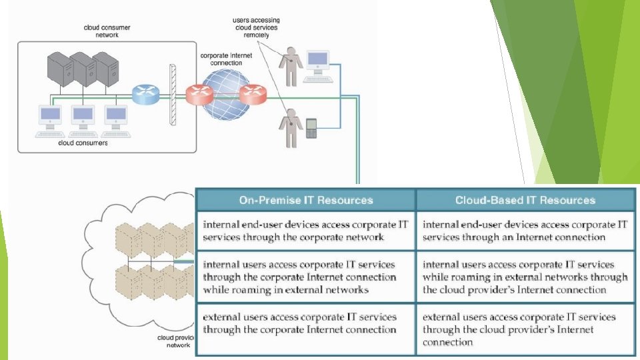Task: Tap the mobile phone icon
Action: click(311, 129)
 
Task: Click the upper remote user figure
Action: click(290, 65)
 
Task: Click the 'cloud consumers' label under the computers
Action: click(83, 143)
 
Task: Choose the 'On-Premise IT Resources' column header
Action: click(306, 200)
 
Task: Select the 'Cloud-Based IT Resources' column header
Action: click(525, 200)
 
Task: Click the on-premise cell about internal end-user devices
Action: click(306, 230)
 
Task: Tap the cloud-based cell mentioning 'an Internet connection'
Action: click(525, 230)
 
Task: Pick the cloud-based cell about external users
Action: click(525, 329)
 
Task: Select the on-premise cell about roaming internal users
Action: click(306, 277)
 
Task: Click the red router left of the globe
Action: click(199, 96)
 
